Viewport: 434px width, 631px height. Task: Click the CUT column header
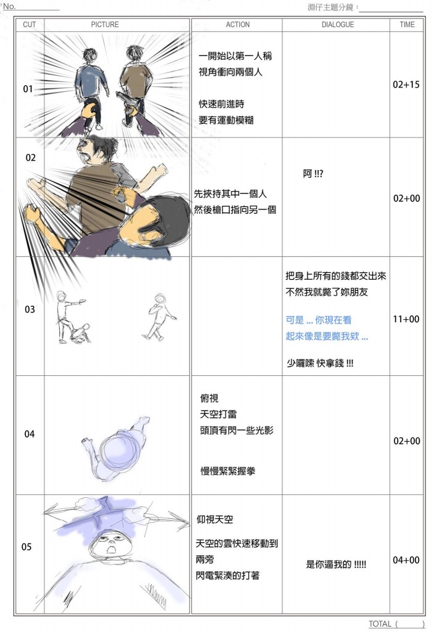[30, 25]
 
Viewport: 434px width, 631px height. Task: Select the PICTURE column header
[105, 25]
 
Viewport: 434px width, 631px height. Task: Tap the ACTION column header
[237, 25]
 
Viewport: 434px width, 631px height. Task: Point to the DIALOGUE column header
[337, 25]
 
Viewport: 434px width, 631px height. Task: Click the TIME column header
[407, 25]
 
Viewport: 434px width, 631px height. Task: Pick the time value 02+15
[406, 84]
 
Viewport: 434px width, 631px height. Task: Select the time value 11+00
[406, 319]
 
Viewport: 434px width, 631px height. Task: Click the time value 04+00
[406, 560]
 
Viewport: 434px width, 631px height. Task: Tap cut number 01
[28, 89]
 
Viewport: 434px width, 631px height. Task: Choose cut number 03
[30, 309]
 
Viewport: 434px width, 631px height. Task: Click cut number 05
[27, 547]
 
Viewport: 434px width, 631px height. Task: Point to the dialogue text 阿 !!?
[313, 173]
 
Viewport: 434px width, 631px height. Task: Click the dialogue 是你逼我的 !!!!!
[336, 564]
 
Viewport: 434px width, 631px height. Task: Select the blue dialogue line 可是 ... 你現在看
[319, 320]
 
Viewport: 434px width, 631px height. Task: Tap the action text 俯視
[210, 399]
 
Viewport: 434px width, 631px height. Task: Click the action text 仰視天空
[215, 519]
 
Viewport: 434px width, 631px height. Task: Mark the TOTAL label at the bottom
[380, 624]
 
